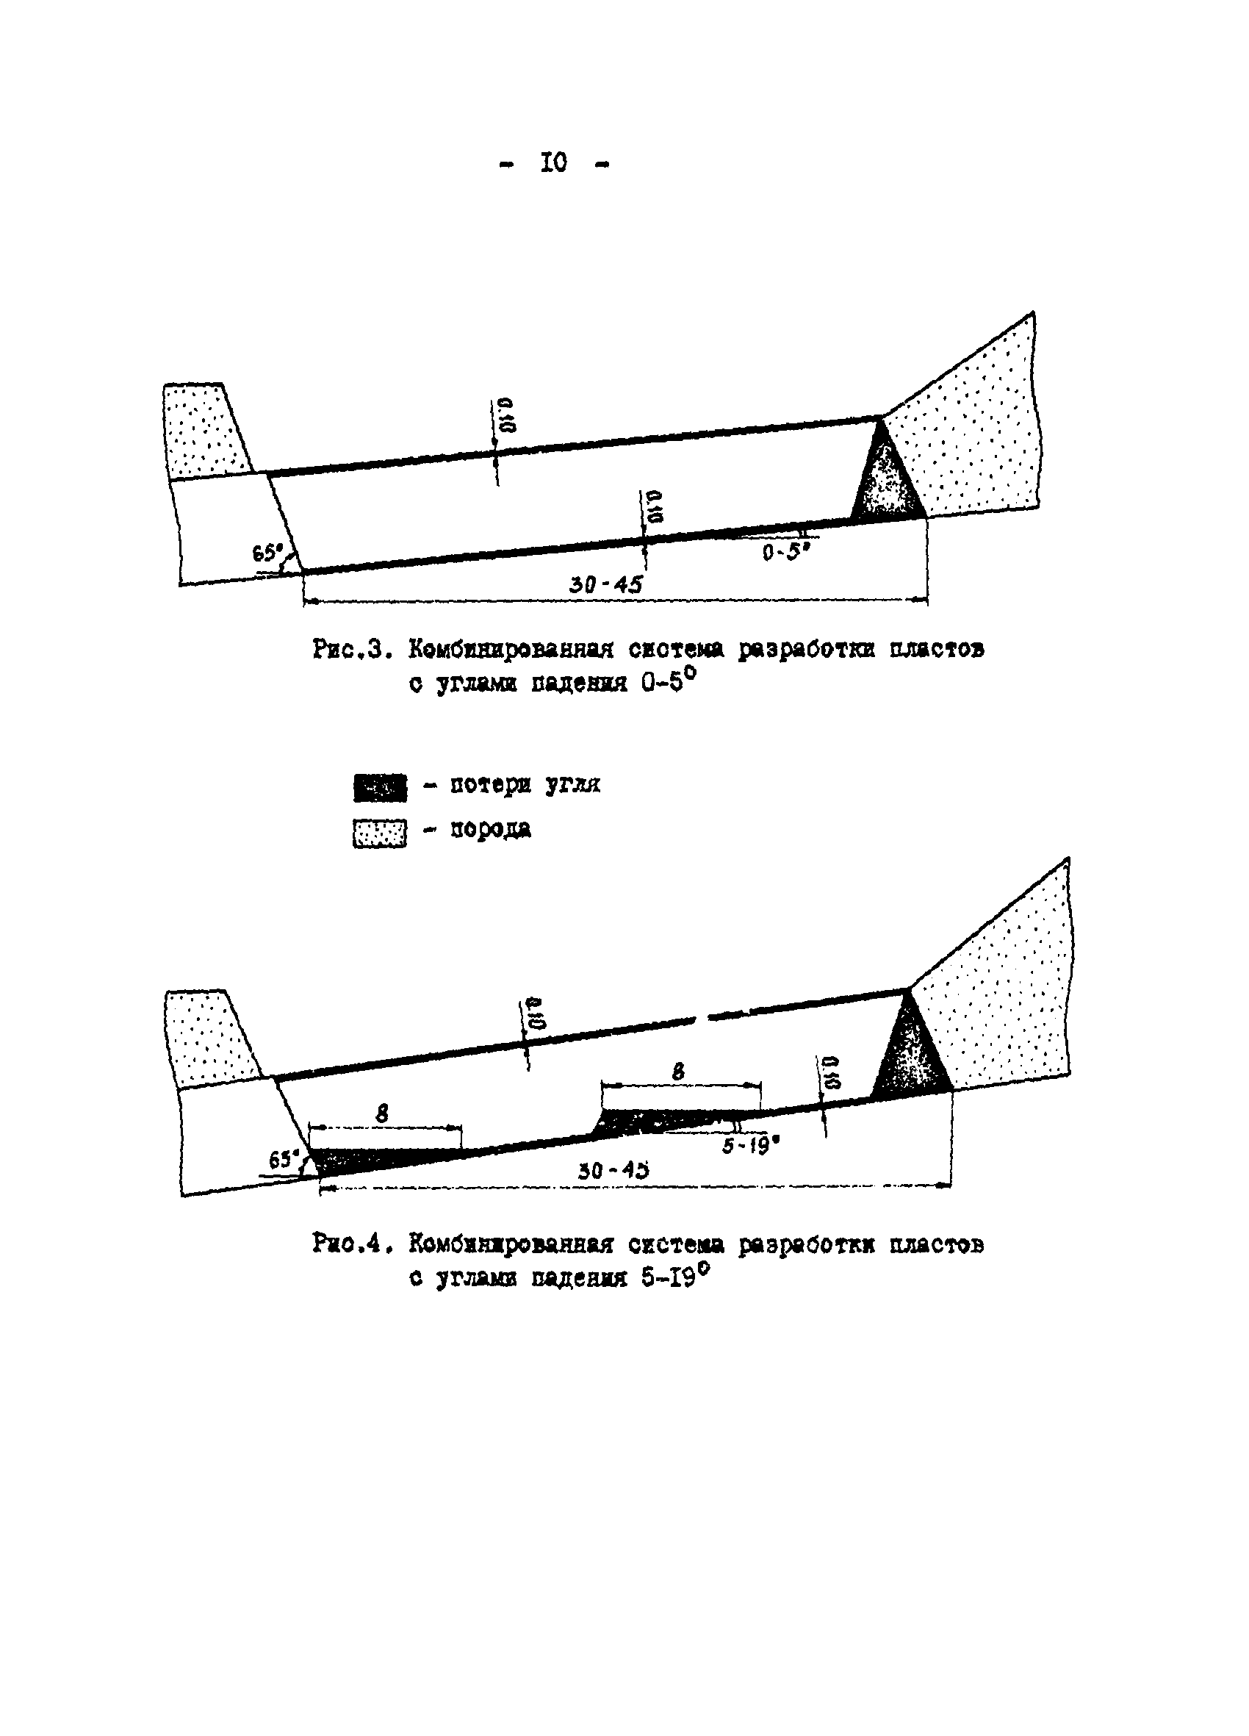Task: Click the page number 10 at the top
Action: tap(553, 163)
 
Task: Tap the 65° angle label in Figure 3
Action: tap(268, 552)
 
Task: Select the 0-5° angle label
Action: tap(785, 551)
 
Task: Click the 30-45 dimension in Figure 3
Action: tap(605, 585)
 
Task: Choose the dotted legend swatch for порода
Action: tap(380, 833)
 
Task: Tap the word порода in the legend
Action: tap(490, 829)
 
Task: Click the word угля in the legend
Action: tap(572, 784)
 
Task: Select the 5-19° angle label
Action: tap(750, 1147)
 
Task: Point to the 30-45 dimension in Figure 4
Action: tap(613, 1169)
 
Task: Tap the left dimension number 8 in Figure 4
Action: tap(382, 1114)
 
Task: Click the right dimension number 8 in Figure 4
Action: tap(678, 1072)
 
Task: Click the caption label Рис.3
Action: tap(352, 650)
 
